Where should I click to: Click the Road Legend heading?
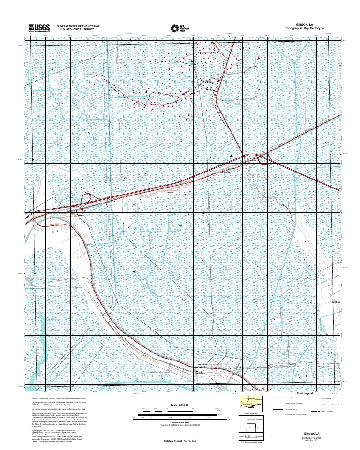[x=304, y=393]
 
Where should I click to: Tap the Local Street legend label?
[x=327, y=398]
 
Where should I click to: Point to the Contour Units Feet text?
[x=180, y=422]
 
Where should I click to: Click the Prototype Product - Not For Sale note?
[x=180, y=441]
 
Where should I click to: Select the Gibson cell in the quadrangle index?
[x=251, y=427]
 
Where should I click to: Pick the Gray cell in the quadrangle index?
[x=259, y=427]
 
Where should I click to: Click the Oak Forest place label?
[x=202, y=364]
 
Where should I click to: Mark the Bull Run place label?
[x=335, y=302]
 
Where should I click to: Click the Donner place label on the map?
[x=170, y=192]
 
